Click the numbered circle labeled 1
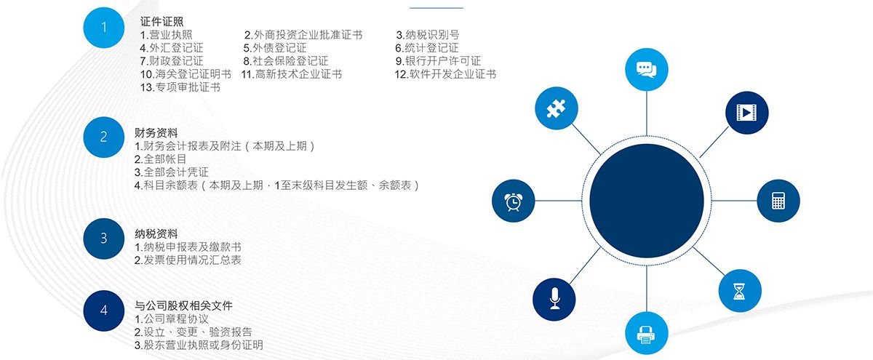tap(103, 28)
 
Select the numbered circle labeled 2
tap(103, 137)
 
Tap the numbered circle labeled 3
tap(103, 239)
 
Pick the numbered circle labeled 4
tap(103, 311)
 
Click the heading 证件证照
tap(162, 21)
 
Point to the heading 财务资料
tap(156, 133)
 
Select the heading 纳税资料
tap(156, 233)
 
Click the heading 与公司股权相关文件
tap(183, 306)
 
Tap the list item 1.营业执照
tap(166, 35)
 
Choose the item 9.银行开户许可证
tap(438, 61)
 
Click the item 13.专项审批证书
tap(180, 87)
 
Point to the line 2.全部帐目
tap(160, 159)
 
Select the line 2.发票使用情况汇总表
tap(188, 260)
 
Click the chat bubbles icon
tap(647, 70)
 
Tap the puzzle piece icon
tap(556, 108)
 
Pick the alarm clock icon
tap(514, 201)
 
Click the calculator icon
tap(778, 201)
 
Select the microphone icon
tap(554, 299)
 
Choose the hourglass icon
tap(739, 291)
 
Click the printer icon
tap(646, 335)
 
